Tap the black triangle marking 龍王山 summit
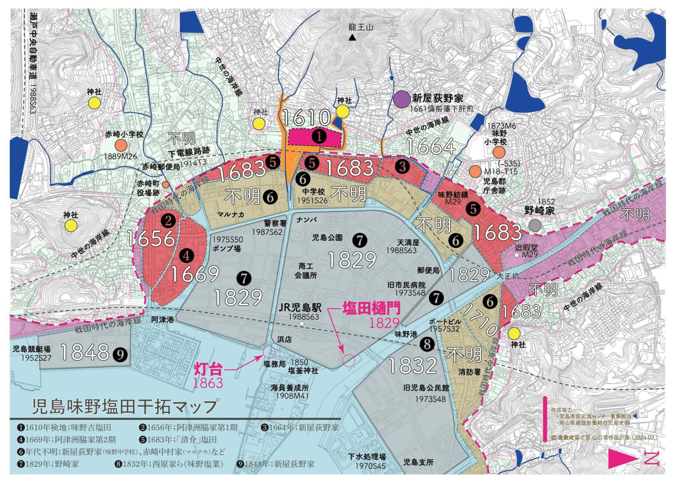coord(352,37)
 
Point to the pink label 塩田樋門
coord(371,309)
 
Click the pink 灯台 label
coord(208,369)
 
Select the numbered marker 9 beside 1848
coord(120,354)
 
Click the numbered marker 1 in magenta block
coord(319,136)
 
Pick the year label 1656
coord(151,239)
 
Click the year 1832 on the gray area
coord(413,365)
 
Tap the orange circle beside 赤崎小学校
coord(121,145)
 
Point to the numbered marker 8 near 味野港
coord(427,344)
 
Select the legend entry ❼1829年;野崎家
coord(48,464)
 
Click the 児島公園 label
coord(327,238)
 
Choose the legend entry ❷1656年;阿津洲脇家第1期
coord(189,428)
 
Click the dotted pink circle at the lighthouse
coord(269,351)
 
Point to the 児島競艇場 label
coord(32,349)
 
